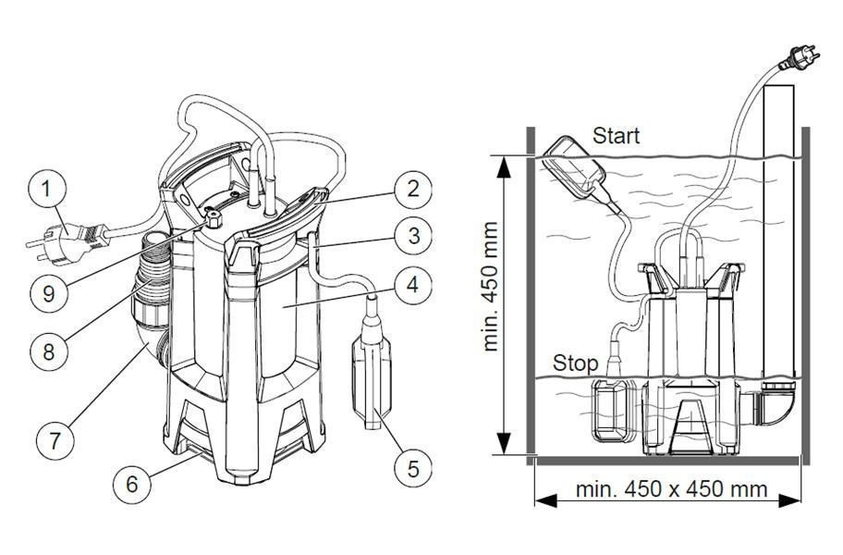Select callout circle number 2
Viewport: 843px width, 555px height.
point(412,190)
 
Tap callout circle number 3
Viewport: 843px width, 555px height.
point(412,236)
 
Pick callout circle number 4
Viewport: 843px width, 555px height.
point(412,285)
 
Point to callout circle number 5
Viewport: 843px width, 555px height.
point(411,468)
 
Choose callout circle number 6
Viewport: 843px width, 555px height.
point(132,482)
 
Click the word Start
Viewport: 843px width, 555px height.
point(617,136)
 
